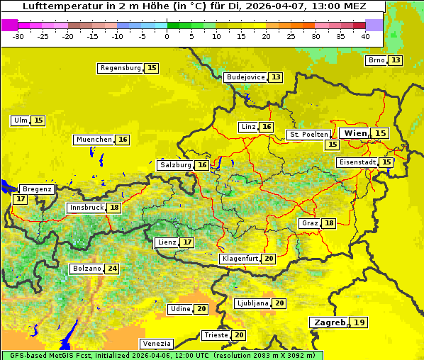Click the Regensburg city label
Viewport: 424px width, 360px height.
[x=120, y=68]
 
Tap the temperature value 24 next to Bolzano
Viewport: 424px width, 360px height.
[x=112, y=269]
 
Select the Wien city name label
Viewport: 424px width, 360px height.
[x=355, y=133]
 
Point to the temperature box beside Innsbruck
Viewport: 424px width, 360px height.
[x=114, y=208]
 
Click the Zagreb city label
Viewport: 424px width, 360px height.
[x=329, y=322]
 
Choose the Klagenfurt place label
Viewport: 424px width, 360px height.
[x=239, y=259]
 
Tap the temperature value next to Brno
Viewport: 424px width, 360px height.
[x=395, y=60]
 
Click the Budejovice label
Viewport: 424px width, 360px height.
[x=245, y=77]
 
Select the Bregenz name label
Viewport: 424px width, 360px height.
[x=37, y=189]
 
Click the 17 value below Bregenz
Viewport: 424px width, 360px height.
[x=20, y=199]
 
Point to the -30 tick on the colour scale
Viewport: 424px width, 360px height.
[x=18, y=36]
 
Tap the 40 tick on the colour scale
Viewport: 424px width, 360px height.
[x=365, y=36]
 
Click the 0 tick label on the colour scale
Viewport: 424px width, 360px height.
[x=167, y=36]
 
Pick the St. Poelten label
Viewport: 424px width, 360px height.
[x=308, y=134]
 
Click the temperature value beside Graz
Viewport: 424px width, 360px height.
[x=329, y=223]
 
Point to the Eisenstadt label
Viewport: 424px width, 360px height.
[x=357, y=162]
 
